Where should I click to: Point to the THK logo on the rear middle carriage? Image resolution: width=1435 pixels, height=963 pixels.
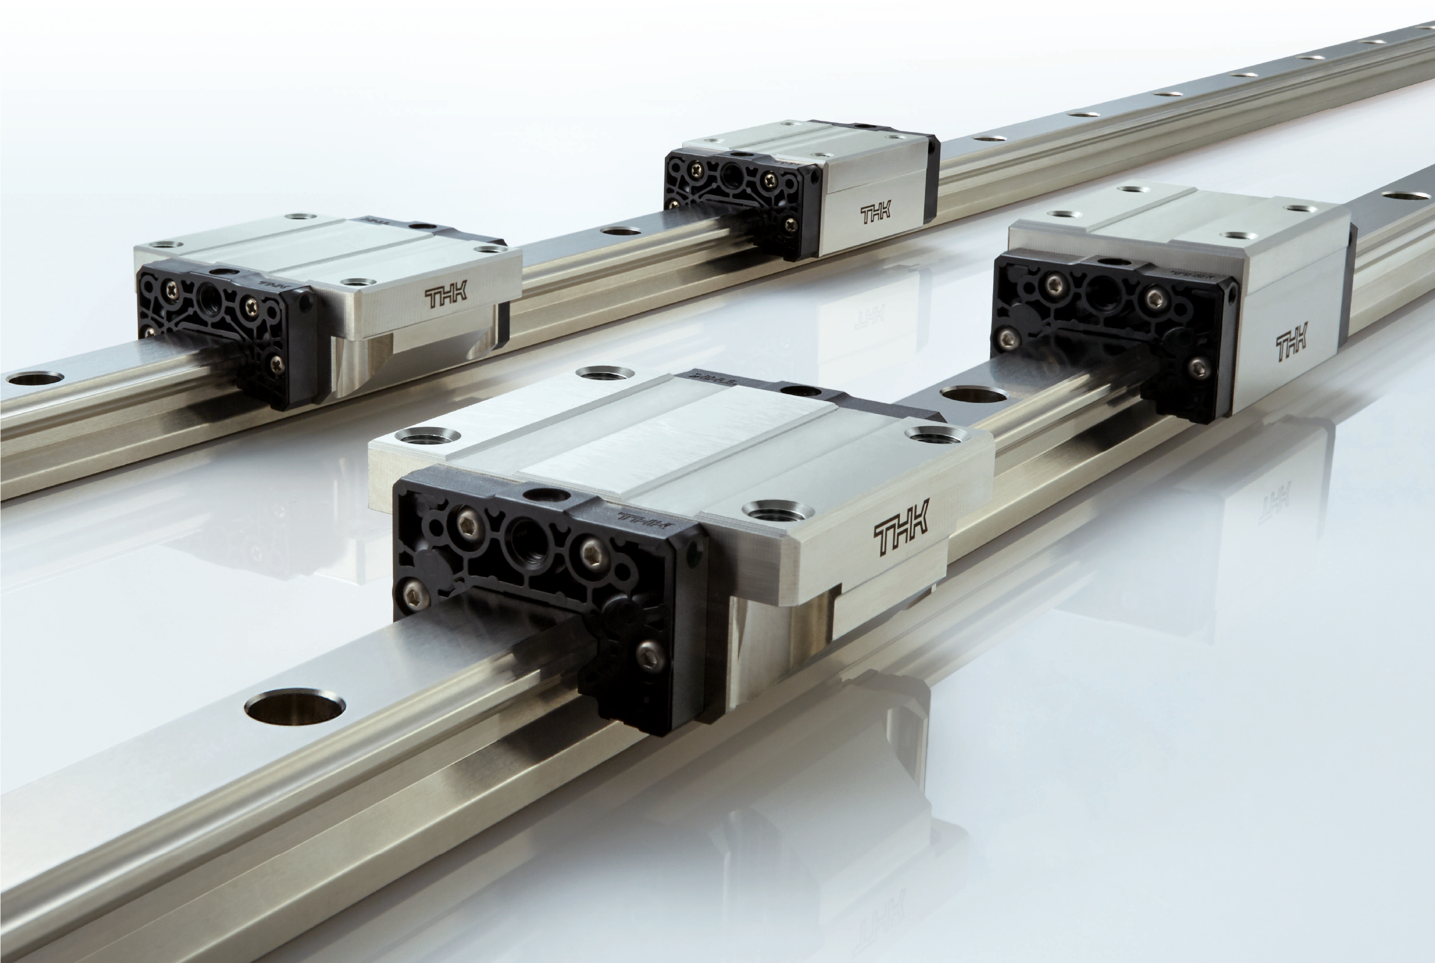point(876,215)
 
